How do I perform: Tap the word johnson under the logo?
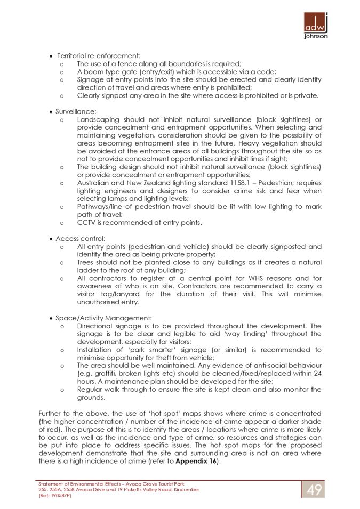[x=316, y=37]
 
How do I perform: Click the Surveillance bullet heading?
[x=76, y=112]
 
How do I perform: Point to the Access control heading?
[x=81, y=239]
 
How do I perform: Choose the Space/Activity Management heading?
[x=103, y=319]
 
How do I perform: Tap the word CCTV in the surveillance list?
[x=86, y=223]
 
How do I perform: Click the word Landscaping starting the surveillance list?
[x=95, y=120]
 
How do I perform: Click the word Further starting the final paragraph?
[x=49, y=414]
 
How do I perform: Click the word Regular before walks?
[x=89, y=390]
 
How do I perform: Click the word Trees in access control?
[x=85, y=263]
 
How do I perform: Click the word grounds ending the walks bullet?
[x=91, y=398]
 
